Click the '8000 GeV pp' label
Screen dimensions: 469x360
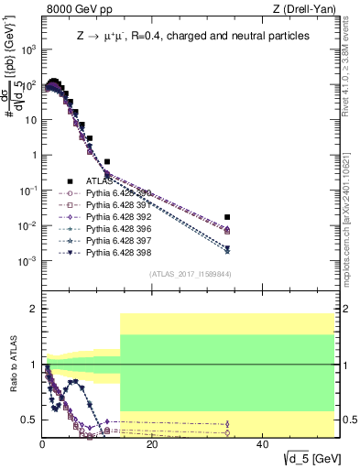click(x=73, y=8)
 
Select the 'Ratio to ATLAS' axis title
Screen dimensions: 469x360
click(x=14, y=366)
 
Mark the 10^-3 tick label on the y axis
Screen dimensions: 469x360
click(x=27, y=261)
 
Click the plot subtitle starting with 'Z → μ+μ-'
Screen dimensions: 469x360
click(x=192, y=36)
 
